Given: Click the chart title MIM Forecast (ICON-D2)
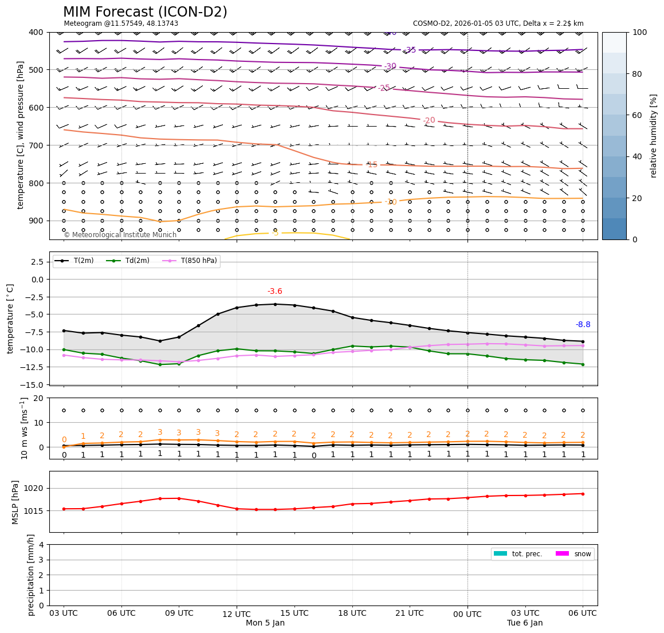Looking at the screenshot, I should click(x=145, y=12).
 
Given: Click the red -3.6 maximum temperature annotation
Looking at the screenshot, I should click(x=275, y=292).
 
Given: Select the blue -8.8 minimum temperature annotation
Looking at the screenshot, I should click(x=583, y=325).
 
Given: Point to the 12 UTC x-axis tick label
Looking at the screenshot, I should click(x=236, y=614).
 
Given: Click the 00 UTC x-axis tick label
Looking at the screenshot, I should click(x=467, y=614).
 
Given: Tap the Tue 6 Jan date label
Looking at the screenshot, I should click(x=525, y=623).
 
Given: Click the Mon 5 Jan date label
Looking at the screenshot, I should click(x=265, y=623).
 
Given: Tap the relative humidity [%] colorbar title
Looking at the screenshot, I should click(x=654, y=136).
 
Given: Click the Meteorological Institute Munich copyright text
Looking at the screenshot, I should click(x=120, y=235).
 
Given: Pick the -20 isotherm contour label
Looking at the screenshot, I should click(x=429, y=120).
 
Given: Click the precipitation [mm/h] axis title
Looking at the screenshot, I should click(x=31, y=575).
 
